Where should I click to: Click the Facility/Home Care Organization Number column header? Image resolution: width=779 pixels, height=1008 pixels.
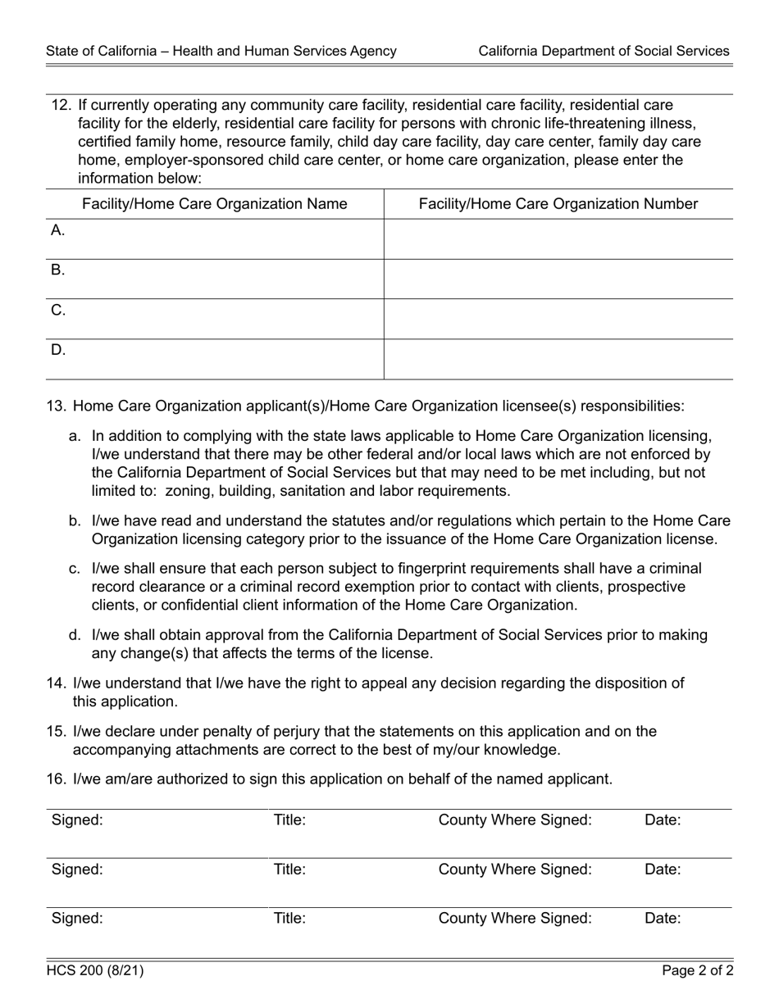(558, 204)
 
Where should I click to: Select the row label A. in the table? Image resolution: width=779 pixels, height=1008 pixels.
(57, 230)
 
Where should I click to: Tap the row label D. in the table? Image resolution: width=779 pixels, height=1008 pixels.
(58, 350)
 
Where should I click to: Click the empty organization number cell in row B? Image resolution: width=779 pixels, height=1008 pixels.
(558, 279)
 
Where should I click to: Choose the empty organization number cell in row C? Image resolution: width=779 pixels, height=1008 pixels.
(558, 319)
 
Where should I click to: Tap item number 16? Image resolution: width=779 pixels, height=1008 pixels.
(56, 779)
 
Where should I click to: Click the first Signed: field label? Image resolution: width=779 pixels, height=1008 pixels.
(77, 820)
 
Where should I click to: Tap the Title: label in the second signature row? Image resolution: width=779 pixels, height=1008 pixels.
(289, 870)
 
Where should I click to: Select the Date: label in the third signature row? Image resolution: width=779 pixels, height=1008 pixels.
(663, 919)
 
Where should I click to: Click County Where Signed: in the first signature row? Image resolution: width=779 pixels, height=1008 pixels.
(515, 820)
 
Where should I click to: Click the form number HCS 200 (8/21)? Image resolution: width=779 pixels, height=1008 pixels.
(95, 971)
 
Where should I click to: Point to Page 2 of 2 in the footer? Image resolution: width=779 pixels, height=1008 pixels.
(698, 971)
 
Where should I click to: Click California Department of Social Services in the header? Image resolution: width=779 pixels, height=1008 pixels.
(604, 51)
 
